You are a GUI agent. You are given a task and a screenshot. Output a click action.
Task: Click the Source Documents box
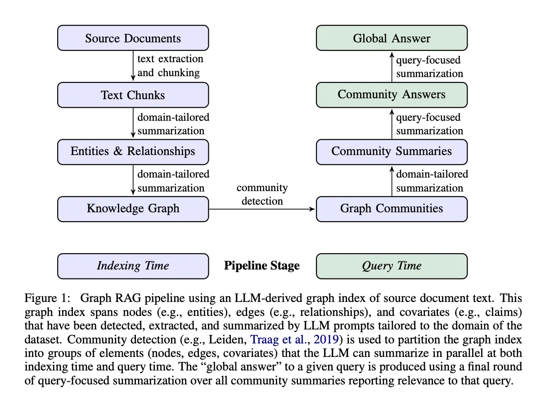pyautogui.click(x=133, y=38)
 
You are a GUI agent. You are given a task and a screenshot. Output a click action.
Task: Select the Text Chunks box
pyautogui.click(x=133, y=95)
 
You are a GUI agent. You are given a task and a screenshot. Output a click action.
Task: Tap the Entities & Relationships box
pyautogui.click(x=133, y=151)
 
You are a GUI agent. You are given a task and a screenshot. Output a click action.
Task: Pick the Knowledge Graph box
pyautogui.click(x=133, y=209)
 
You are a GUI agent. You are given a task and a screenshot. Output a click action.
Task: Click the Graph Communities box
pyautogui.click(x=392, y=209)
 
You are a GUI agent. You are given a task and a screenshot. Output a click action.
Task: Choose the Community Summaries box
pyautogui.click(x=392, y=151)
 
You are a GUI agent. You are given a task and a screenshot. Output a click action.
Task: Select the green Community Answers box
pyautogui.click(x=392, y=95)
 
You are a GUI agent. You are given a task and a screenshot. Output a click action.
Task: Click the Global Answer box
pyautogui.click(x=392, y=38)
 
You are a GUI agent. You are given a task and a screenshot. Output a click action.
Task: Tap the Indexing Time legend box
pyautogui.click(x=133, y=266)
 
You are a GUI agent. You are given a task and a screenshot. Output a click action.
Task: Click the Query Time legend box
pyautogui.click(x=392, y=266)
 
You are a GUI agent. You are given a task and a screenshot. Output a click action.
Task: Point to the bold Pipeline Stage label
pyautogui.click(x=262, y=266)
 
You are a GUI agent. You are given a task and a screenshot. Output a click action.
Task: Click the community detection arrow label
pyautogui.click(x=262, y=194)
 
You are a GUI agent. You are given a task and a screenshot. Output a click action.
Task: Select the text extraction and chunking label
pyautogui.click(x=170, y=66)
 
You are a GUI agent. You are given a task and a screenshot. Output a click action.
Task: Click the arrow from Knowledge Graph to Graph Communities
pyautogui.click(x=262, y=209)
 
